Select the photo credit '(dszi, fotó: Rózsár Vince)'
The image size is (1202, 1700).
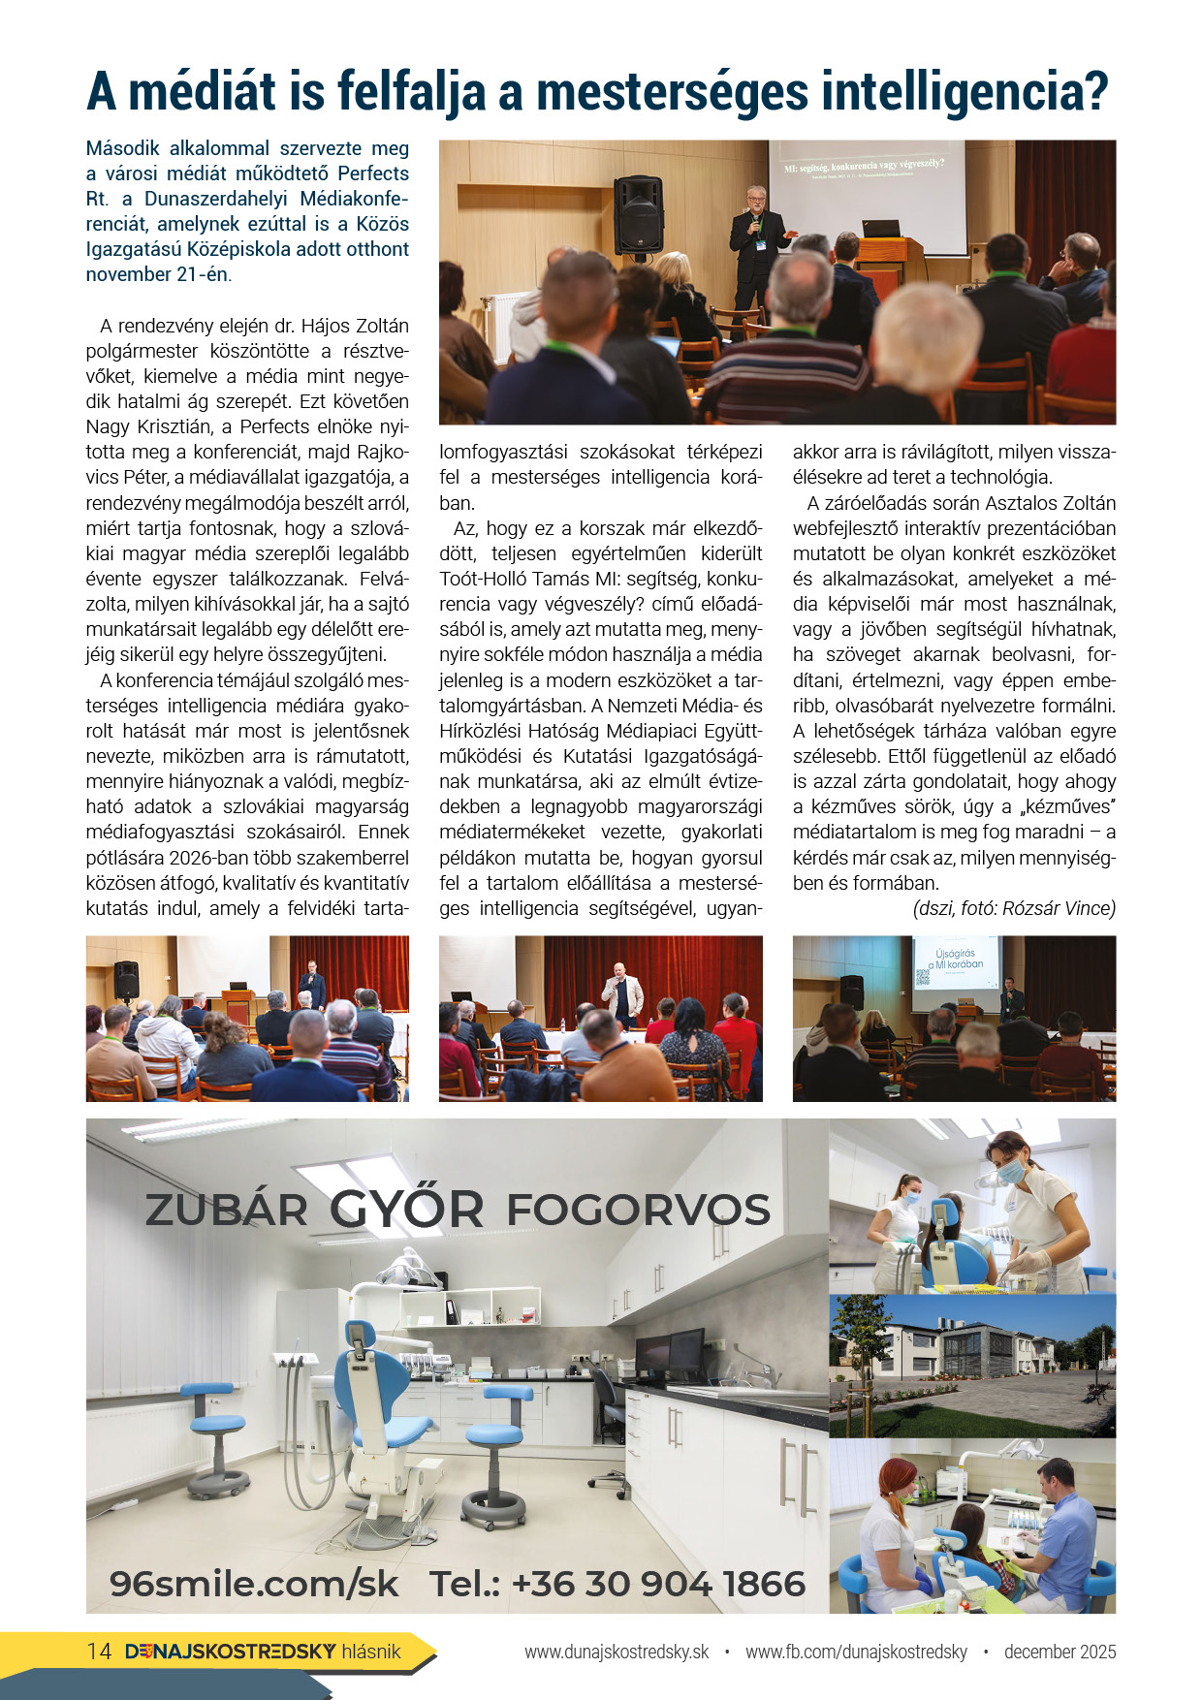[1014, 909]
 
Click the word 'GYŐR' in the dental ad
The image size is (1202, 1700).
[406, 1209]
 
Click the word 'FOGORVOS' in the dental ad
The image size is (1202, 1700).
[638, 1211]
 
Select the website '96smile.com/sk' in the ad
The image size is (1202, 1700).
[254, 1584]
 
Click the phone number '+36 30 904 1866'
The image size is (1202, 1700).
[658, 1584]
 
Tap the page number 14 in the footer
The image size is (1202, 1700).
[99, 1652]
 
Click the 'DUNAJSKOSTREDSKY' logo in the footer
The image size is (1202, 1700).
[231, 1652]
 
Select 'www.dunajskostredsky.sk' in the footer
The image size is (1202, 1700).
[617, 1653]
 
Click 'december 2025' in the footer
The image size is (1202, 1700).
[1060, 1653]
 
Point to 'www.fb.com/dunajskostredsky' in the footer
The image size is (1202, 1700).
[856, 1653]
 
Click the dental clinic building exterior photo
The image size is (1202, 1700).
[972, 1366]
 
